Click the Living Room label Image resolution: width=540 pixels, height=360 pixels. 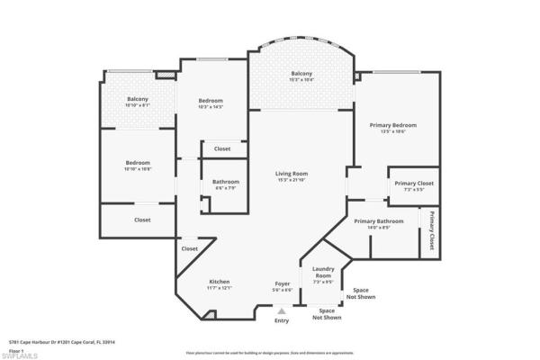(x=292, y=174)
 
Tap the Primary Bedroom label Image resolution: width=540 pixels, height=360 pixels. (x=393, y=125)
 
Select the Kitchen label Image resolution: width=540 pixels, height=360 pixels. (x=220, y=281)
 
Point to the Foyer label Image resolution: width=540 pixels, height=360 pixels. (x=283, y=283)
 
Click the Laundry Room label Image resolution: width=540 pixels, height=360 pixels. (x=323, y=273)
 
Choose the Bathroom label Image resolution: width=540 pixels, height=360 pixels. (x=226, y=182)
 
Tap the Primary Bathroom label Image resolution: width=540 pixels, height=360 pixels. (x=378, y=221)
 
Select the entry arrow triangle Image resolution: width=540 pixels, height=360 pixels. (x=281, y=311)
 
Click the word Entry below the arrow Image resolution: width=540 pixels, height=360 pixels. (x=282, y=321)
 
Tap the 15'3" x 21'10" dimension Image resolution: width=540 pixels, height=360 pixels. (x=292, y=180)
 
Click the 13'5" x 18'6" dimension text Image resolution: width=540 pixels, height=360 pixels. (x=393, y=131)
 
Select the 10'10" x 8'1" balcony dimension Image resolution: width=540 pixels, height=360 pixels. (x=137, y=105)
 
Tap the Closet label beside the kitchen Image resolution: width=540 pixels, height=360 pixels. (x=190, y=248)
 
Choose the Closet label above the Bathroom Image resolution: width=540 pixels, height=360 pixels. (x=221, y=148)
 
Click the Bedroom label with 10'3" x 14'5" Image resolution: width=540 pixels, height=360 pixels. (x=211, y=101)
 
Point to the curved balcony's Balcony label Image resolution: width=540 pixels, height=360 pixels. (x=301, y=74)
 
